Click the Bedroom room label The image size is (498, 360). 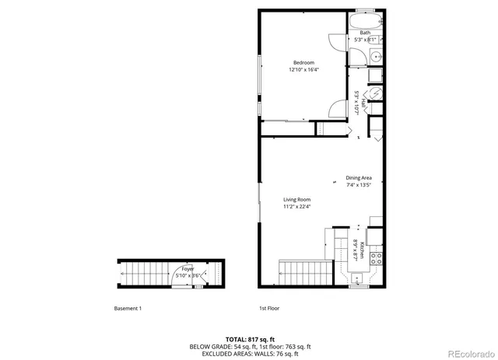click(303, 62)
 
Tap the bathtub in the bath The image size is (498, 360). click(365, 20)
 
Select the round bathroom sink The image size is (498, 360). click(375, 57)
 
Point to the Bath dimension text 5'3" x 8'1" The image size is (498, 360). click(365, 39)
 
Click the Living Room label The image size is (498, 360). click(296, 200)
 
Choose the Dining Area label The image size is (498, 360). click(359, 178)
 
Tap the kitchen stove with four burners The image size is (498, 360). click(375, 257)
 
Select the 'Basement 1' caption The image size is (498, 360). click(128, 309)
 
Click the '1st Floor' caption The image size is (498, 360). click(269, 309)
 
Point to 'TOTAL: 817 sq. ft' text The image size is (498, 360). click(251, 339)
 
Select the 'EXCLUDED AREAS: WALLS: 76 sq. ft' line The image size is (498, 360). click(251, 353)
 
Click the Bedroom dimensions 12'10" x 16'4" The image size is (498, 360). click(303, 69)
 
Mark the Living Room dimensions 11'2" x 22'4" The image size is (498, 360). click(296, 207)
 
